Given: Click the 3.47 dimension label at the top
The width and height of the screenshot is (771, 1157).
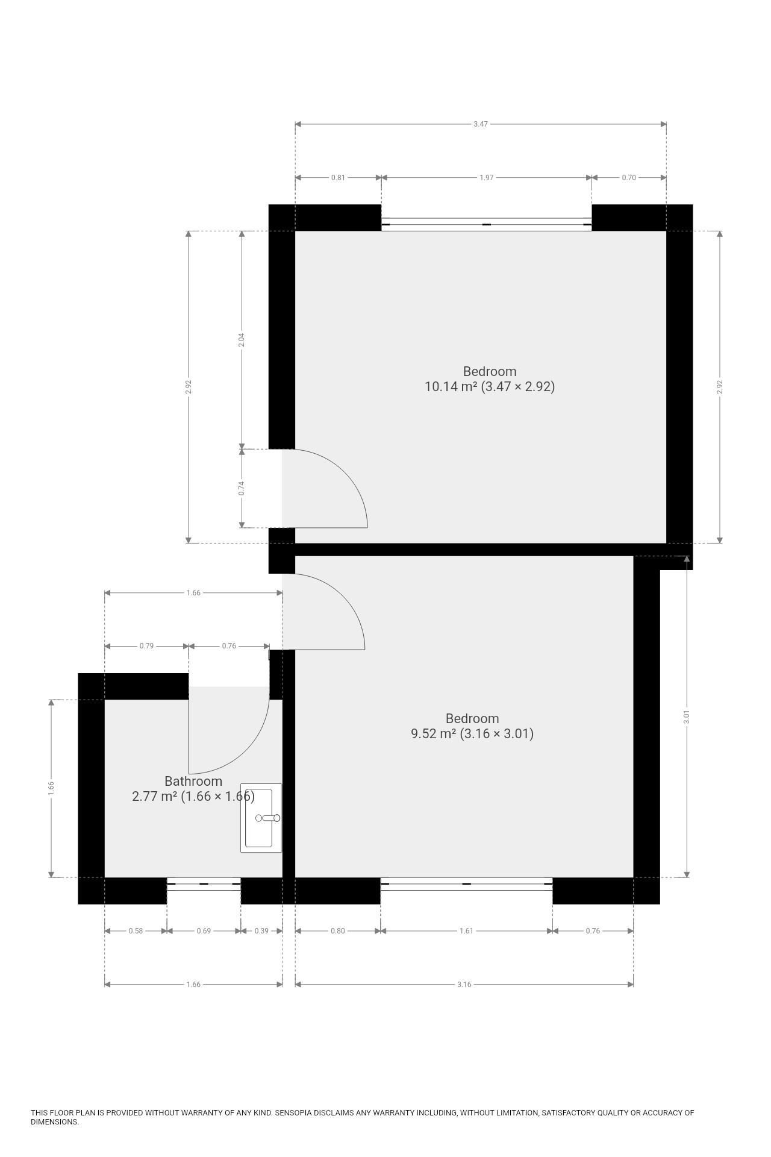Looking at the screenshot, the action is coord(480,124).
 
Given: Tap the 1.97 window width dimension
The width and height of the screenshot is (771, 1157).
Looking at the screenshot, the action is coord(486,178).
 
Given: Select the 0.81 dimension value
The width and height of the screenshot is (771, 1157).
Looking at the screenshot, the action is coord(338,178).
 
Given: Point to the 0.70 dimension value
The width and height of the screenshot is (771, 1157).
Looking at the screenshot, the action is coord(629,178).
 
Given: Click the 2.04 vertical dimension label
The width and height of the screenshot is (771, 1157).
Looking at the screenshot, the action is coord(242,340).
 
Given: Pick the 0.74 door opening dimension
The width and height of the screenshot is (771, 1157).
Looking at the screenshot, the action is coord(242,488).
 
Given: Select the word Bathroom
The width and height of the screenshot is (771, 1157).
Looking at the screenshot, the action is coord(193,782).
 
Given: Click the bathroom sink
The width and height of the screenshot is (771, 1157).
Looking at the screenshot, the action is coord(261,818).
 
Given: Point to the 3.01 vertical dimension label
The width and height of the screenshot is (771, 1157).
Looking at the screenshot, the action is coord(687,717).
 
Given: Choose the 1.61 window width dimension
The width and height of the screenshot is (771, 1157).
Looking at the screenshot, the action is coord(466,931).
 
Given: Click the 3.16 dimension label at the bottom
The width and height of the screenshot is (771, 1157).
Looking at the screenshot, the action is coord(464,985).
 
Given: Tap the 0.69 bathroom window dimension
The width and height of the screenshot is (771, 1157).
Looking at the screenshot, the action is coord(204,931).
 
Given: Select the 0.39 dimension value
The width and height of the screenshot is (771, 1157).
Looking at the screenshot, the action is coord(261,931).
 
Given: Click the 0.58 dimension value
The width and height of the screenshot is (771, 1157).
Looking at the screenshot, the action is coord(136,931).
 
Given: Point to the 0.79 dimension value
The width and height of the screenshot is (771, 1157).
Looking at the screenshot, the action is coord(146,646).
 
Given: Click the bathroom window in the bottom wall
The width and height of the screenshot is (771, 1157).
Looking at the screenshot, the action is coord(204,884).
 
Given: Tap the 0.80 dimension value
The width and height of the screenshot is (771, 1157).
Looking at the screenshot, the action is coord(338,931).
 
